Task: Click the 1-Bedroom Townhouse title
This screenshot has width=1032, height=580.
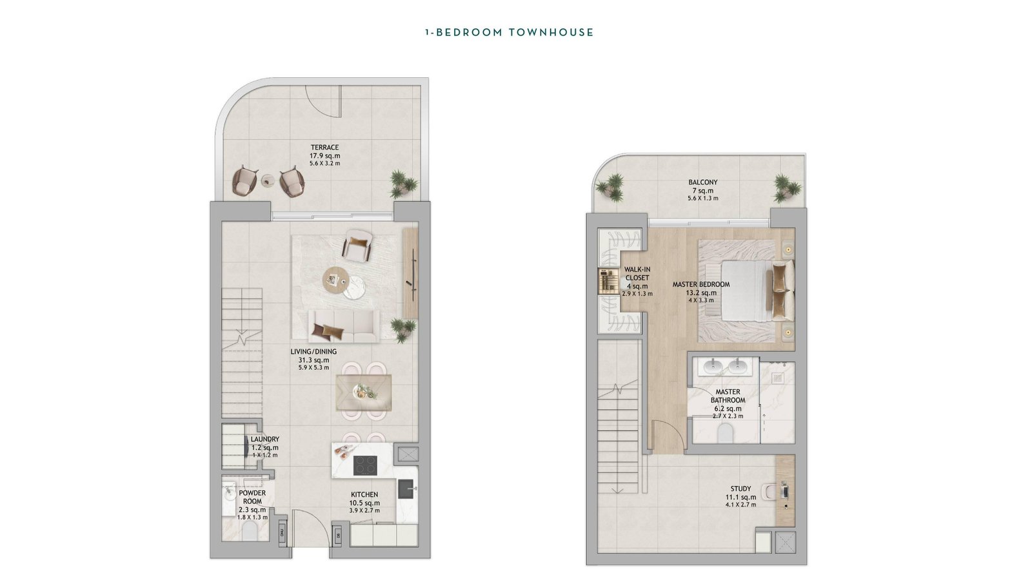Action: tap(510, 32)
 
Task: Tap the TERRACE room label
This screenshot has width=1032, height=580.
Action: tap(325, 148)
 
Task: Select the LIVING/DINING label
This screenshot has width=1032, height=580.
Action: tap(313, 352)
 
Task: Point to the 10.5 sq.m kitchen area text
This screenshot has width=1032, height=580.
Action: tap(364, 503)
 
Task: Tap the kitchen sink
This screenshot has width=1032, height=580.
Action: tap(406, 489)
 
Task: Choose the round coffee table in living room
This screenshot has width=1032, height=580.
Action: tap(337, 280)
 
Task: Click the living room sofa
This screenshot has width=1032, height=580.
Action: tap(344, 326)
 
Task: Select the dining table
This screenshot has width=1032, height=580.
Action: tap(364, 392)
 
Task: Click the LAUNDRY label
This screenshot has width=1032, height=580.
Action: tap(265, 439)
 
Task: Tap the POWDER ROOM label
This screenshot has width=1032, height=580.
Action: tap(252, 497)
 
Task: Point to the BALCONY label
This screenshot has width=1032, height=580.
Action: tap(703, 182)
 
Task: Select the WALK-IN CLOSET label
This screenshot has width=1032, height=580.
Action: tap(638, 273)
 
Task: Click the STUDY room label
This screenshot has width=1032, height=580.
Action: tap(741, 488)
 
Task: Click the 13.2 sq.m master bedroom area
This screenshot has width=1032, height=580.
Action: tap(701, 293)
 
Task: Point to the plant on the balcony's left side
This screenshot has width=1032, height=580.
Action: tap(610, 188)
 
